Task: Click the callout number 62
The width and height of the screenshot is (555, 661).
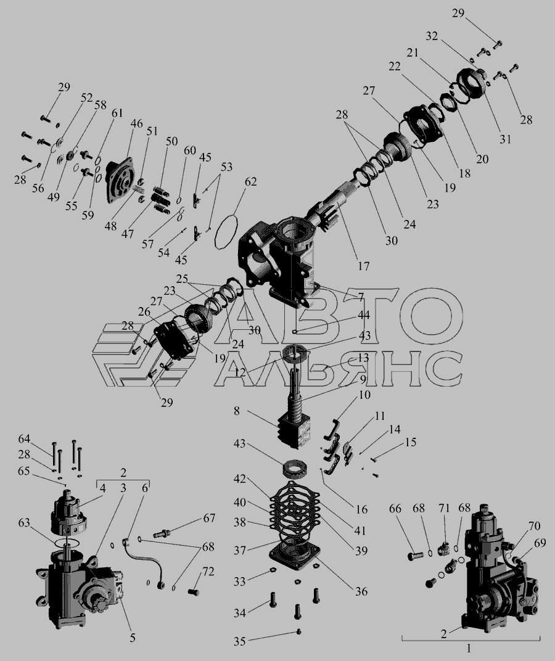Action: [x=250, y=182]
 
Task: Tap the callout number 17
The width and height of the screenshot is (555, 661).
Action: [x=363, y=266]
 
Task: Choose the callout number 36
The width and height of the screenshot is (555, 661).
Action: [x=361, y=591]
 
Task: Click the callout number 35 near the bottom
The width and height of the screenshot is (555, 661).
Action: [x=240, y=641]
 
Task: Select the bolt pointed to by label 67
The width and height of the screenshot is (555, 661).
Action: [x=162, y=534]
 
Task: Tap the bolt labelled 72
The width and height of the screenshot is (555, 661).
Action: [x=193, y=592]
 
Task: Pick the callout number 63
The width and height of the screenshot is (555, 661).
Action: [x=24, y=523]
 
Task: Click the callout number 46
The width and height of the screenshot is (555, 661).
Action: [x=137, y=123]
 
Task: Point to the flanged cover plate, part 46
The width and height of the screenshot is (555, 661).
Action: [x=120, y=181]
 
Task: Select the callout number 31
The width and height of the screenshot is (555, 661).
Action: [x=505, y=139]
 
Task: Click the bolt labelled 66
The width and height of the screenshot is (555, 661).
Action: [x=416, y=556]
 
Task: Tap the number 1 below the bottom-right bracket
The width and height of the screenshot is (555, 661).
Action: [x=469, y=648]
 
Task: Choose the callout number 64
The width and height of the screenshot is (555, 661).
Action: [x=24, y=439]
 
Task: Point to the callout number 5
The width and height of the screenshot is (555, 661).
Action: [x=133, y=638]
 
